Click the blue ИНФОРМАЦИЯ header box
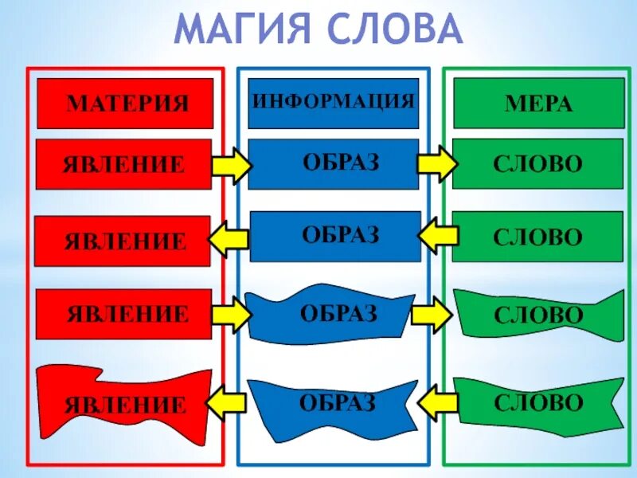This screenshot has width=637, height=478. (x=333, y=103)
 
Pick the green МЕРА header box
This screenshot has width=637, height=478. (x=538, y=104)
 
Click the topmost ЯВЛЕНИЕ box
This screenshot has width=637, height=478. (x=124, y=164)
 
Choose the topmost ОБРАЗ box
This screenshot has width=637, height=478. (x=333, y=163)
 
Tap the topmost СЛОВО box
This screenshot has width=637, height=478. (x=537, y=164)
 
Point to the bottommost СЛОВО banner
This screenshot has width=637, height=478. (x=538, y=402)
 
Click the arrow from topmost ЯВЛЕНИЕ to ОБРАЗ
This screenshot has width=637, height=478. (x=232, y=165)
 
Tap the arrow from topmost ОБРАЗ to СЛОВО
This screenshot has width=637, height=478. (x=437, y=164)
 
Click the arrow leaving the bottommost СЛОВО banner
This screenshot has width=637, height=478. (x=437, y=402)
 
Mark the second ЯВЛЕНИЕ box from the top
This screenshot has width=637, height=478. (x=124, y=241)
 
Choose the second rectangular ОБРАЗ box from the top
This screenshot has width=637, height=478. (x=335, y=236)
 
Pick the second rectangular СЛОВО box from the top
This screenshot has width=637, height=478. (x=537, y=237)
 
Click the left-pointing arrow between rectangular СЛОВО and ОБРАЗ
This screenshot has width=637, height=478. (x=437, y=236)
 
